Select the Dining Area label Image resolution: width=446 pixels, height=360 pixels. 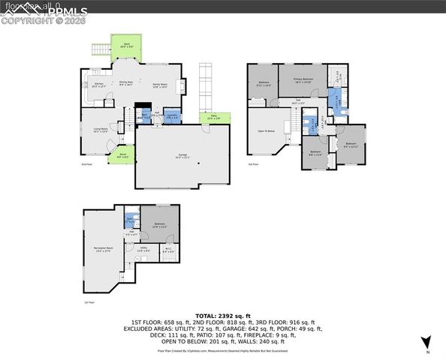pos(126,84)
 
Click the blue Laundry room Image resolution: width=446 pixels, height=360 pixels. pos(171,117)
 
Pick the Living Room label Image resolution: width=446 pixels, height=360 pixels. pos(101,130)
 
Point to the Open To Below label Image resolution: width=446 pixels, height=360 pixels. pos(265,130)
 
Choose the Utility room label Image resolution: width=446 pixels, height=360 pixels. pos(143,249)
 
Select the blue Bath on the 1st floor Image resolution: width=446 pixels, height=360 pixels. pos(130,220)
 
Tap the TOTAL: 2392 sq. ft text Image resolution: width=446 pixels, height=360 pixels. pos(222,316)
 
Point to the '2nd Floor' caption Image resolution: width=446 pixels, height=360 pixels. pos(86,164)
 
